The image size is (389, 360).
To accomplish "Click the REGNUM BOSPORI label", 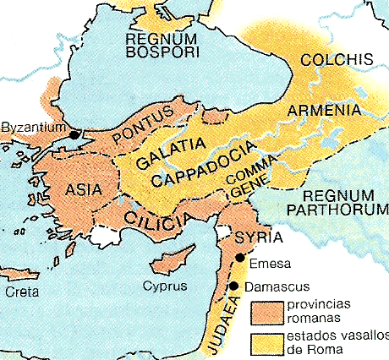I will (x=161, y=46).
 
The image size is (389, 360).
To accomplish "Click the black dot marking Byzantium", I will (x=74, y=134).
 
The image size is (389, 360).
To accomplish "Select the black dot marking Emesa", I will (x=240, y=258).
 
